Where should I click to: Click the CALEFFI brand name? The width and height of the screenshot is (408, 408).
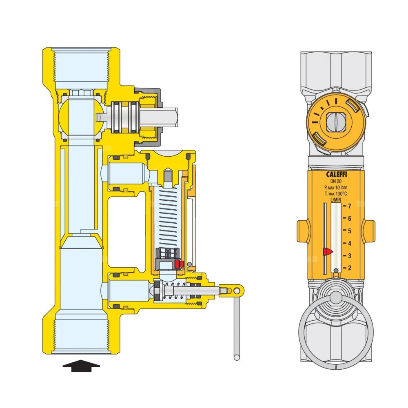(x=337, y=174)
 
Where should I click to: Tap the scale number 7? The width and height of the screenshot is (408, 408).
(x=350, y=206)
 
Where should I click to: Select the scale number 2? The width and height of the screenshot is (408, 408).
(x=350, y=268)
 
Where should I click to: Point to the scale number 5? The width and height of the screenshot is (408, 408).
(x=350, y=231)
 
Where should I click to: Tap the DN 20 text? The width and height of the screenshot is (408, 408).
(x=336, y=182)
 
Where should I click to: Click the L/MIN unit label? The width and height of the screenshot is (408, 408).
(x=336, y=200)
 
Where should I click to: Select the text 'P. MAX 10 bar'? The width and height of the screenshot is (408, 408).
(x=336, y=188)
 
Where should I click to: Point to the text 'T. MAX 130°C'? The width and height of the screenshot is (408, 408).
(x=336, y=194)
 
